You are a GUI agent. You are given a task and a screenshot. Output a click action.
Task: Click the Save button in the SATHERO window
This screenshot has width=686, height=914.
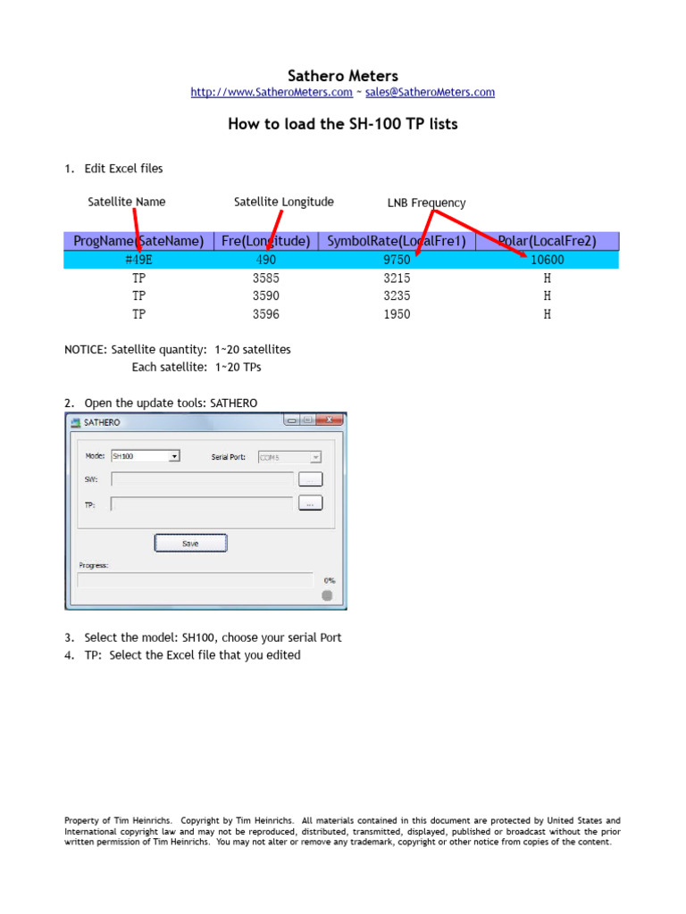190,543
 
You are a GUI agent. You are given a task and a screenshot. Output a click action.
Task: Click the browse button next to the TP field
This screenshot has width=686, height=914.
309,503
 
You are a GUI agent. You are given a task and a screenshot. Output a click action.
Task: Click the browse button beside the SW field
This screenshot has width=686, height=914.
309,479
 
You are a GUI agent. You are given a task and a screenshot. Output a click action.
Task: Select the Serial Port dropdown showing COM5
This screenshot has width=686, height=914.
289,457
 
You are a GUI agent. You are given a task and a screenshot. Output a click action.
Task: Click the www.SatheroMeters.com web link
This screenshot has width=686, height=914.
272,92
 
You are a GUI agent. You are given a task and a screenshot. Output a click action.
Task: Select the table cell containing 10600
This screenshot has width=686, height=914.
547,260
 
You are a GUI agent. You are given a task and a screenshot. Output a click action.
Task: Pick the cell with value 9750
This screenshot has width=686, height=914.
397,260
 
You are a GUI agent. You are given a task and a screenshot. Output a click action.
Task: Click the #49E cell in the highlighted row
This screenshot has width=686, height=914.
138,260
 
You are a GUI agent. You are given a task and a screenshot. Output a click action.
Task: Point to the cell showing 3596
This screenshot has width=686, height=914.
266,313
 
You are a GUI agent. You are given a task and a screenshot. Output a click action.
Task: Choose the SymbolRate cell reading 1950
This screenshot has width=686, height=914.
397,313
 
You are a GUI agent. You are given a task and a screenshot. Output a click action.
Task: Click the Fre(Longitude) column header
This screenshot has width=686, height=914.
266,241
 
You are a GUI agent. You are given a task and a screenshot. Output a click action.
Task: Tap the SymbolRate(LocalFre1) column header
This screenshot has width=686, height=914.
397,241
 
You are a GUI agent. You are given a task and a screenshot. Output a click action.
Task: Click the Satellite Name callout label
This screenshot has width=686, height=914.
127,202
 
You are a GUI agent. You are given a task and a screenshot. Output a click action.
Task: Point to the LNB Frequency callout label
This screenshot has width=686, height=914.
426,203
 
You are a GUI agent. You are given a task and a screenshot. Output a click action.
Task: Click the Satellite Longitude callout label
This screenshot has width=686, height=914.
283,202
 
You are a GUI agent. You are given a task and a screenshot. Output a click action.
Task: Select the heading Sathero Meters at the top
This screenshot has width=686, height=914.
343,76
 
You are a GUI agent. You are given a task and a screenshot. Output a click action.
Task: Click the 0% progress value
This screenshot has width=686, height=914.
330,580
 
